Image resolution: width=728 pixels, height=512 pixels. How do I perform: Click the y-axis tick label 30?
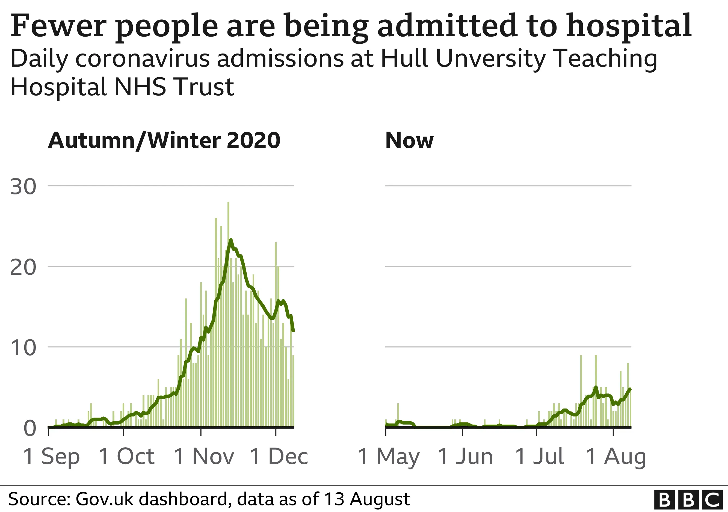(x=23, y=187)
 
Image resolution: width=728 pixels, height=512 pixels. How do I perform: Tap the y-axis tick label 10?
(x=23, y=348)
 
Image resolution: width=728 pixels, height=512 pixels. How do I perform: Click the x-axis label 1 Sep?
(x=51, y=457)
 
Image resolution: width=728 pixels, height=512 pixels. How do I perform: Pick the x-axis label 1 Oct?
(x=126, y=457)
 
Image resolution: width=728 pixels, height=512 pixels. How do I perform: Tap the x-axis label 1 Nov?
(x=204, y=457)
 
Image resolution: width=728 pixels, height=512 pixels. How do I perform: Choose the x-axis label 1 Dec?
(x=279, y=457)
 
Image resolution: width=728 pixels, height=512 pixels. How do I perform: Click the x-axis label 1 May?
(x=389, y=457)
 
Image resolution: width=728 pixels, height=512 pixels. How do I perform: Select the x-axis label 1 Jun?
(x=465, y=457)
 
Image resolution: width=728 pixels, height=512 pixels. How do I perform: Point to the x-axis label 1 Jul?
(x=539, y=457)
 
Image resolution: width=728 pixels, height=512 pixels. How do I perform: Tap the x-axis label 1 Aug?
(x=616, y=457)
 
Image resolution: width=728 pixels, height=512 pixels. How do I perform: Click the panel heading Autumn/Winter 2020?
(x=164, y=140)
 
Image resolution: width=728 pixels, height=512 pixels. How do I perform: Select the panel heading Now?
(x=409, y=140)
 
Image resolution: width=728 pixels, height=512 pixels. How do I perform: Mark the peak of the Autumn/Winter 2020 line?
(x=230, y=240)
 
